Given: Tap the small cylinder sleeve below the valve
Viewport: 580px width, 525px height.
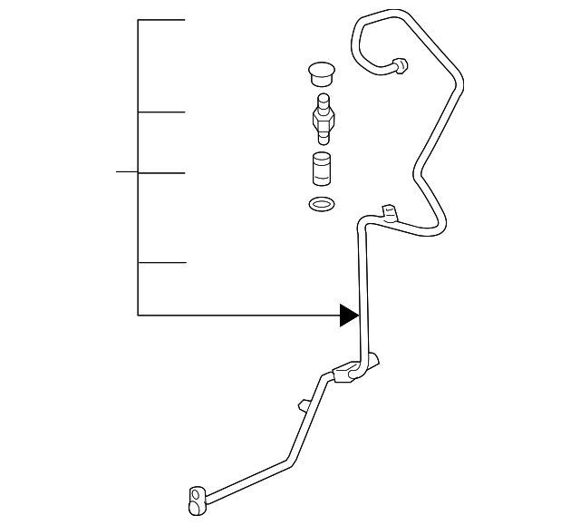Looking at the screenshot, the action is click(x=320, y=170).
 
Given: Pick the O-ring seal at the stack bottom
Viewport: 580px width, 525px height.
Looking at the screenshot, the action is click(x=320, y=204).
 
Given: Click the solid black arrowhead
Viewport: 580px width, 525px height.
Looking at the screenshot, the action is click(x=349, y=315).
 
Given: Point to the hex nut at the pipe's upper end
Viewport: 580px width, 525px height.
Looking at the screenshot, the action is click(x=400, y=65).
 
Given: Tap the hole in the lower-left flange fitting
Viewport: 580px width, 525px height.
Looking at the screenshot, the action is click(x=194, y=493).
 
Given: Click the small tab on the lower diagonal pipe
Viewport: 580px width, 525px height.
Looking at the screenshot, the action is click(x=302, y=403).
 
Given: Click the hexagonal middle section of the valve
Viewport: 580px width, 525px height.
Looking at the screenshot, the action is click(x=320, y=118).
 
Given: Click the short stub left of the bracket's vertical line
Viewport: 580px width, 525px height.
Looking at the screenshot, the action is click(x=127, y=171).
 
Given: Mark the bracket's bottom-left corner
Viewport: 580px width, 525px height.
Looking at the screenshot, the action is click(x=138, y=315).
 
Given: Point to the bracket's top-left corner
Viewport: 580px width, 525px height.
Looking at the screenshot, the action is click(x=138, y=20).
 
